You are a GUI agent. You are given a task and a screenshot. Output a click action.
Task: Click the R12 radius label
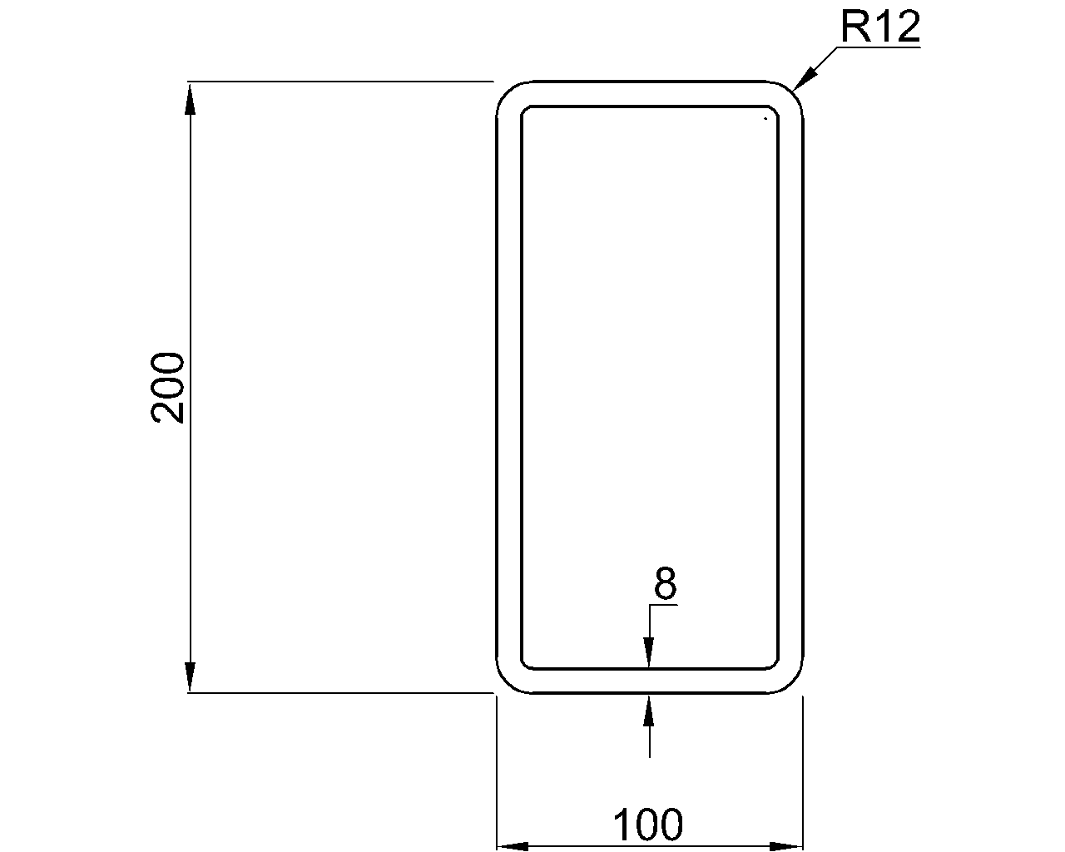click(880, 27)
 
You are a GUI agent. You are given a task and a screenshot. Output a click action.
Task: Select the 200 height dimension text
click(168, 387)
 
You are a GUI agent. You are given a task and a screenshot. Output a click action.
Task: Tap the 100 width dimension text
click(648, 825)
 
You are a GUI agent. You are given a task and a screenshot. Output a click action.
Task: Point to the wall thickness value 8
click(665, 585)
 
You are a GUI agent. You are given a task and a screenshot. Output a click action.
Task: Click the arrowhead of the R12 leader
click(804, 79)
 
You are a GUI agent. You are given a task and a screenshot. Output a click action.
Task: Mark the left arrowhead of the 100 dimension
click(513, 846)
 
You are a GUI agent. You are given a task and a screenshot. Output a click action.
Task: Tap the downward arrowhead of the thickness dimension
click(649, 653)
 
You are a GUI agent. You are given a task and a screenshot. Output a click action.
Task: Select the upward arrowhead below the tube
click(649, 709)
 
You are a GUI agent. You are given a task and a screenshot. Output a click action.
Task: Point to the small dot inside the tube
click(764, 120)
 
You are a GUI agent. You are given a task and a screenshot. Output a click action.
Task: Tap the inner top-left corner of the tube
click(525, 110)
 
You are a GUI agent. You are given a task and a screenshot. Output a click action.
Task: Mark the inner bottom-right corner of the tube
click(775, 665)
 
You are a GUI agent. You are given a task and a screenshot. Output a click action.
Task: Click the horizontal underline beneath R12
click(878, 48)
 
